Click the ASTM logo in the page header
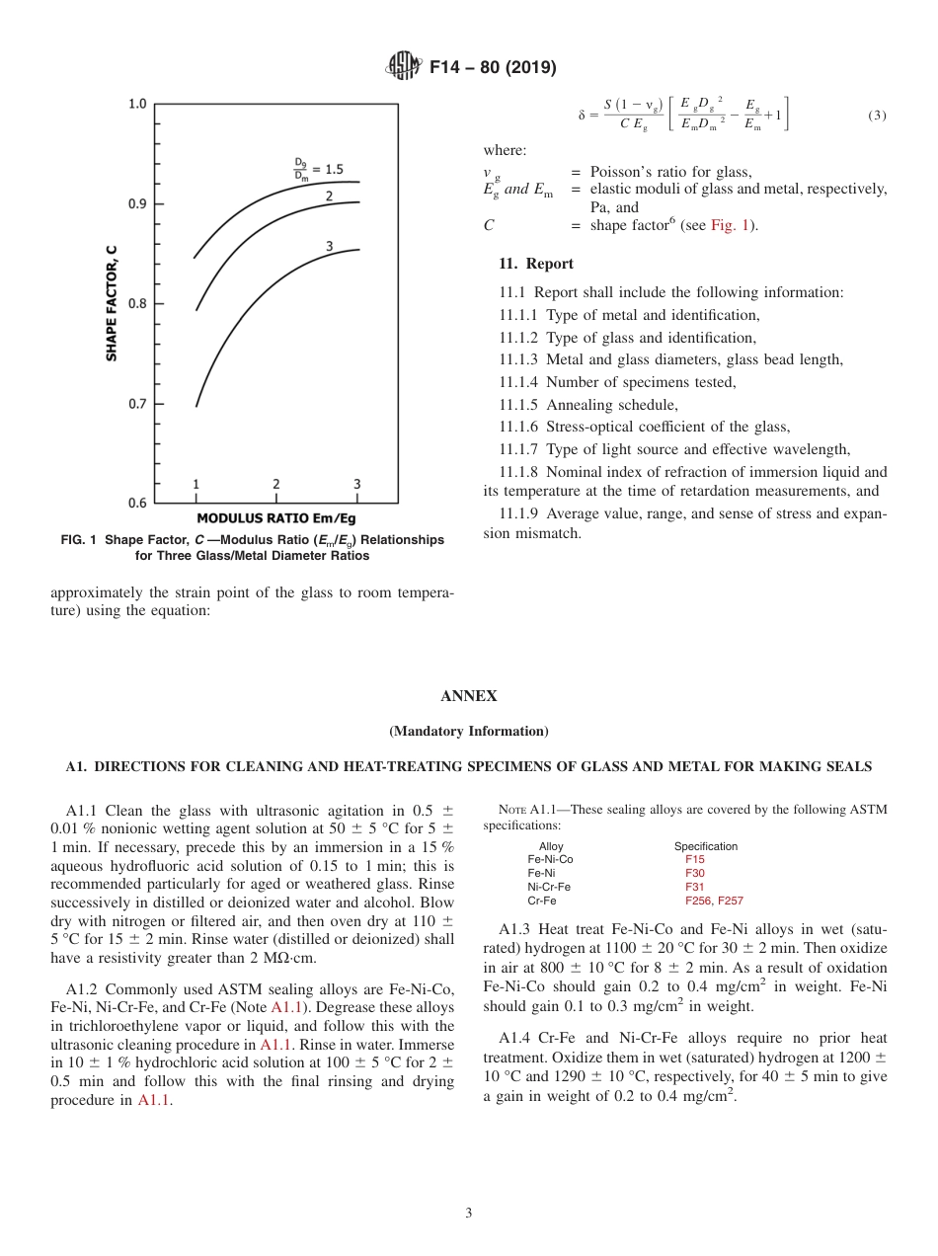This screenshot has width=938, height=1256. coord(403,67)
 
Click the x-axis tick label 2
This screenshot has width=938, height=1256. coord(275,484)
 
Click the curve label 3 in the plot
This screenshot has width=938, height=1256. coord(329,246)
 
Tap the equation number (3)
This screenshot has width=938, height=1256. coord(877,116)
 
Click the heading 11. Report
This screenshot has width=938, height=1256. coord(536,264)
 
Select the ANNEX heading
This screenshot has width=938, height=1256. coord(468,696)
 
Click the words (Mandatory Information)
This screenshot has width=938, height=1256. coord(468,732)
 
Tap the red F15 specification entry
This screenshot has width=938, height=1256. coord(695,859)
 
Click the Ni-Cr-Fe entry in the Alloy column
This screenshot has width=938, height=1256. coord(549,887)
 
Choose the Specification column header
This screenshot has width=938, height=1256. coord(705,846)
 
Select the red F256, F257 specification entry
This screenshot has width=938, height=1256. coord(714,901)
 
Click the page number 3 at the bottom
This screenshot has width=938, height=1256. coord(468,1213)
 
